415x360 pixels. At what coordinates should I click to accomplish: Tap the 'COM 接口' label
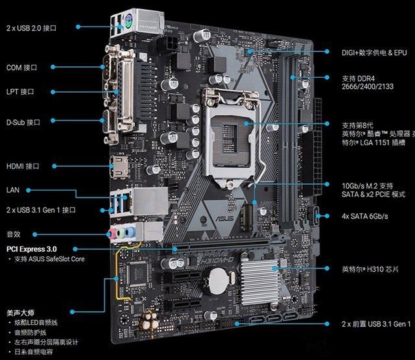[22, 67]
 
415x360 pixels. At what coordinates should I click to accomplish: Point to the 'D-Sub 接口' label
[23, 122]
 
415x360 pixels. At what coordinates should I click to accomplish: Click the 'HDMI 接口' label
[23, 166]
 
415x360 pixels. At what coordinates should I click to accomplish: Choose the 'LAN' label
[13, 190]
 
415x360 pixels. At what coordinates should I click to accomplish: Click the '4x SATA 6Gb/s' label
[364, 216]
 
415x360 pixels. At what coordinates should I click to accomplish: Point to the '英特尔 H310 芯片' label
[369, 268]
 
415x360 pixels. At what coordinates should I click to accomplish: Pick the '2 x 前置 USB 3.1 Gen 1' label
[376, 323]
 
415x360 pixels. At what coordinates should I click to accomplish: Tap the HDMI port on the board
[119, 166]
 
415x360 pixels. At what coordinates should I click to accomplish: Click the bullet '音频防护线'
[32, 332]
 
